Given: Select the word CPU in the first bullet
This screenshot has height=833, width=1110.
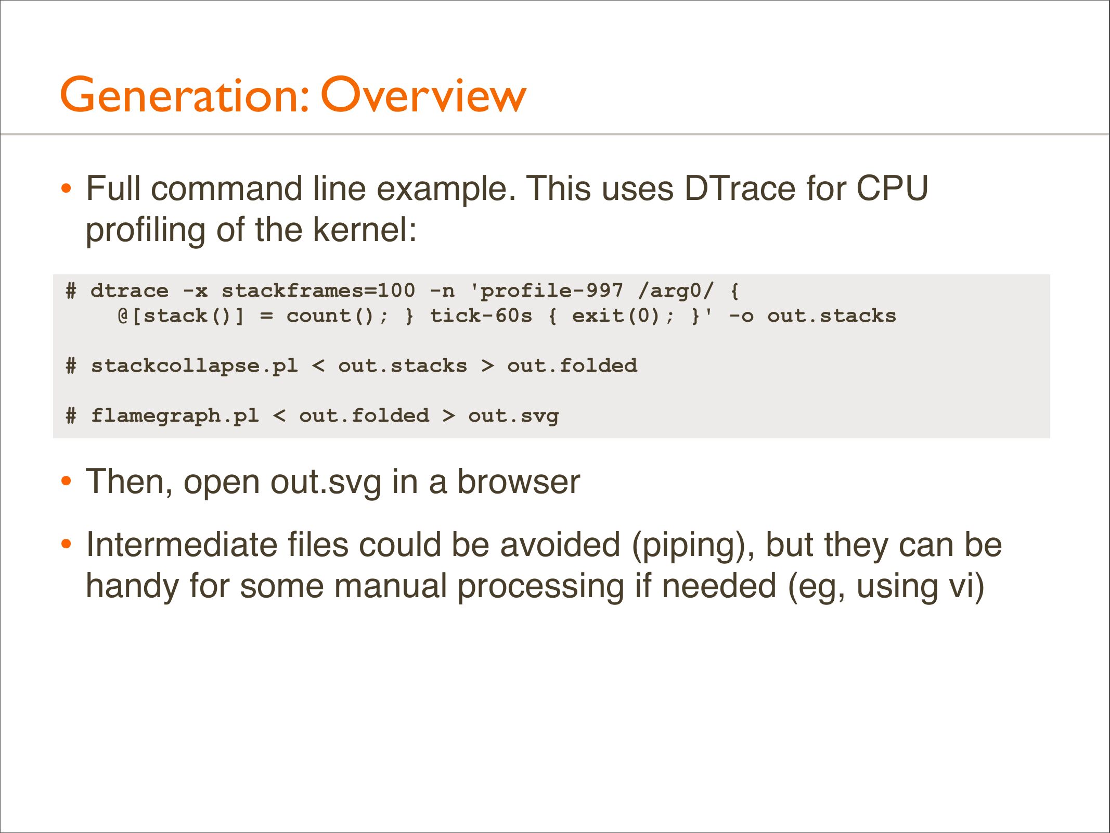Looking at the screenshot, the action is [892, 188].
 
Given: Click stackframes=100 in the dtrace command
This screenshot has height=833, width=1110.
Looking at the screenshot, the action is [318, 291].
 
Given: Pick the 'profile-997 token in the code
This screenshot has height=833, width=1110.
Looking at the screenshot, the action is [546, 291].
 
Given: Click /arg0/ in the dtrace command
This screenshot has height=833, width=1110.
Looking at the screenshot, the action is [676, 291].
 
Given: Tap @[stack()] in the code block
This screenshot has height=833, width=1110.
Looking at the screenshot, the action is [180, 315].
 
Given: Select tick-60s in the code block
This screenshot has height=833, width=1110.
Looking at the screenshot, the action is [481, 315].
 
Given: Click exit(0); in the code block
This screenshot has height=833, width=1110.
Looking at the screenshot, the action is [623, 315].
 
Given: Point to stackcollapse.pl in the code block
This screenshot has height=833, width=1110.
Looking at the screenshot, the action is [195, 366].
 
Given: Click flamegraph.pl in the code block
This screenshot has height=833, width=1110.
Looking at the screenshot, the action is [175, 415].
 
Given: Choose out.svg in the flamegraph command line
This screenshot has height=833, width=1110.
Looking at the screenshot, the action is [513, 416].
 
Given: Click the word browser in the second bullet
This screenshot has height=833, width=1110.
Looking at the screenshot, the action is [518, 482].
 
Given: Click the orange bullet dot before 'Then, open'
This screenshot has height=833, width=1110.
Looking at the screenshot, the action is [66, 482].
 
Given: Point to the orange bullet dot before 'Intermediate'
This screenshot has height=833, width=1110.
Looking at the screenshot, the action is [66, 545].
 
